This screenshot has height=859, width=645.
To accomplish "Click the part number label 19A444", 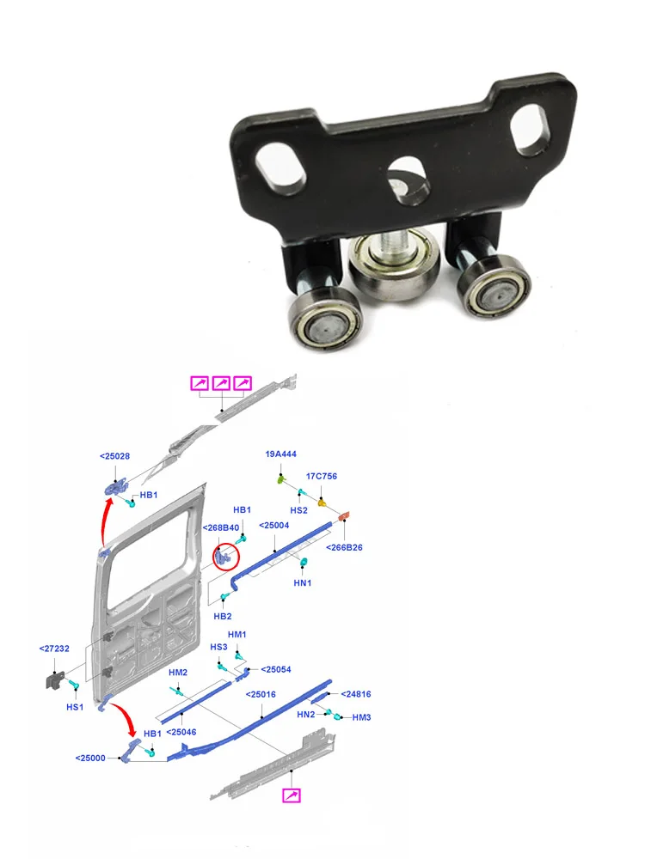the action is pyautogui.click(x=281, y=454).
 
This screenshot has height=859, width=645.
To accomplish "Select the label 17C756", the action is pyautogui.click(x=322, y=477).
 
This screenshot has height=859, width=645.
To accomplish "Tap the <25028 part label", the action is pyautogui.click(x=114, y=456).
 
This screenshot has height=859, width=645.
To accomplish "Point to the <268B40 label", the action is pyautogui.click(x=220, y=527).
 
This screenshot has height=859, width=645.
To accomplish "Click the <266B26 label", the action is pyautogui.click(x=344, y=547).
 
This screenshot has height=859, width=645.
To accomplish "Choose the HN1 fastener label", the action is pyautogui.click(x=302, y=583).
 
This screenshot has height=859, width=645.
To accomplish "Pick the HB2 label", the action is pyautogui.click(x=222, y=616).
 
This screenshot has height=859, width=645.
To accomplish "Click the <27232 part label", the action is pyautogui.click(x=54, y=649).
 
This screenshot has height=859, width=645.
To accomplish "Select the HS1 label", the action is pyautogui.click(x=75, y=707).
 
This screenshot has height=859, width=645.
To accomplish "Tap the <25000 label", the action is pyautogui.click(x=90, y=758).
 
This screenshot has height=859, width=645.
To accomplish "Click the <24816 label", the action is pyautogui.click(x=356, y=694).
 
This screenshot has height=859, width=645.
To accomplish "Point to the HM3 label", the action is pyautogui.click(x=361, y=717).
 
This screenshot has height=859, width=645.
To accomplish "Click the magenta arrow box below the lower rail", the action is pyautogui.click(x=292, y=795).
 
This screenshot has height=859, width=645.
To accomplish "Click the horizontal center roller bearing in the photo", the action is pyautogui.click(x=395, y=267).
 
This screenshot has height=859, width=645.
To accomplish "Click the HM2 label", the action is pyautogui.click(x=178, y=673).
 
